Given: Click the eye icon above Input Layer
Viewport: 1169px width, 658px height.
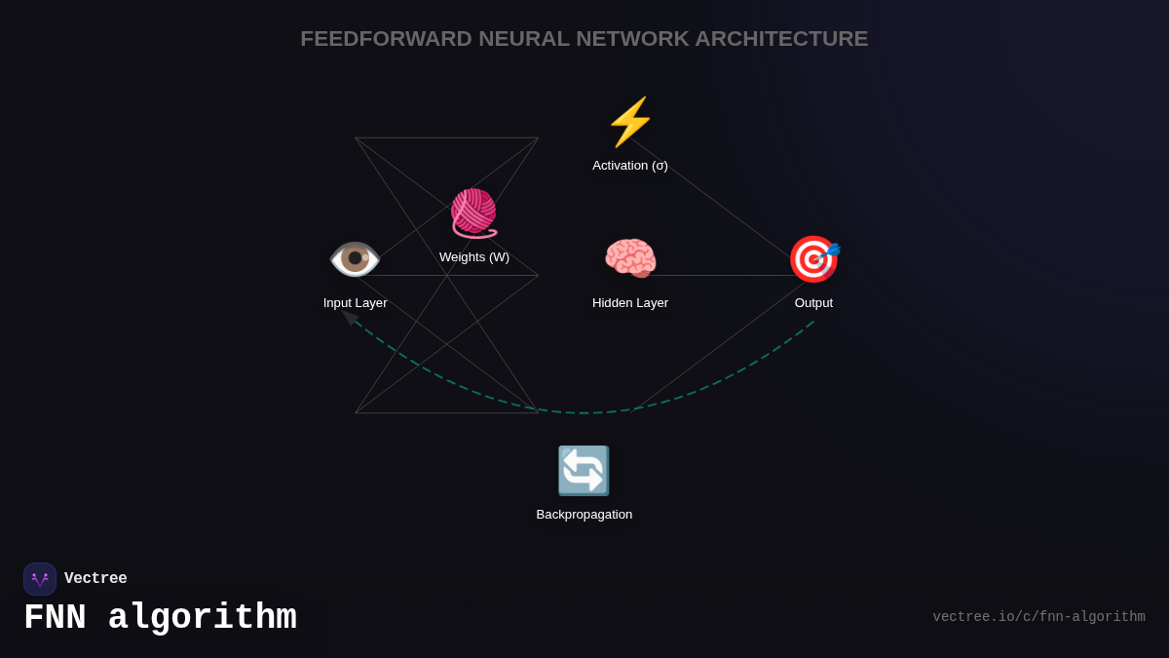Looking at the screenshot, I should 355,259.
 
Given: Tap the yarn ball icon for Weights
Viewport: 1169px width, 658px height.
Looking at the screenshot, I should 473,213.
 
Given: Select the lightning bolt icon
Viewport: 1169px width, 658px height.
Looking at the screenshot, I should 630,122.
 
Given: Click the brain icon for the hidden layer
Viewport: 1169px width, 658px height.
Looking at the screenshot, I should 630,259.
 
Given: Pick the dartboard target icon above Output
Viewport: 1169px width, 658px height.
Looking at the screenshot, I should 813,259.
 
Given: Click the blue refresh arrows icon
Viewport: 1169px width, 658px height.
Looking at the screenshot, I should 584,471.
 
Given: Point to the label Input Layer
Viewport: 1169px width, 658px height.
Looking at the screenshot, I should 356,303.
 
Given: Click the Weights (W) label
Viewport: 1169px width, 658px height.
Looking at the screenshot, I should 474,257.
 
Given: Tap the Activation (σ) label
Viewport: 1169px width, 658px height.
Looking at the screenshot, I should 630,166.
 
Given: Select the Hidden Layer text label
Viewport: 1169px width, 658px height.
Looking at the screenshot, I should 630,303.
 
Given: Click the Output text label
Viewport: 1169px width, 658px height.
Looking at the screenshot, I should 813,303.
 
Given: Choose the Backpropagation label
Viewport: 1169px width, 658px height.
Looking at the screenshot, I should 584,515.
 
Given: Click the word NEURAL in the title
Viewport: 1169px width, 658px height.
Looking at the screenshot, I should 523,39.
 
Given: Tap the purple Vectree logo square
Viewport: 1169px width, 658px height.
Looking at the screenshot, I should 40,579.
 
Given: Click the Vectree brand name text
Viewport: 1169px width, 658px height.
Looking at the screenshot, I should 95,579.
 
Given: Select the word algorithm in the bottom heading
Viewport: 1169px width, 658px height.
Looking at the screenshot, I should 202,618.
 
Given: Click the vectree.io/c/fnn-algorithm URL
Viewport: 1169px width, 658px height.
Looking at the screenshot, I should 1038,617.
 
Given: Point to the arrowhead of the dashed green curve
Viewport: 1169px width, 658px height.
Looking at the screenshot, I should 347,315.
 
